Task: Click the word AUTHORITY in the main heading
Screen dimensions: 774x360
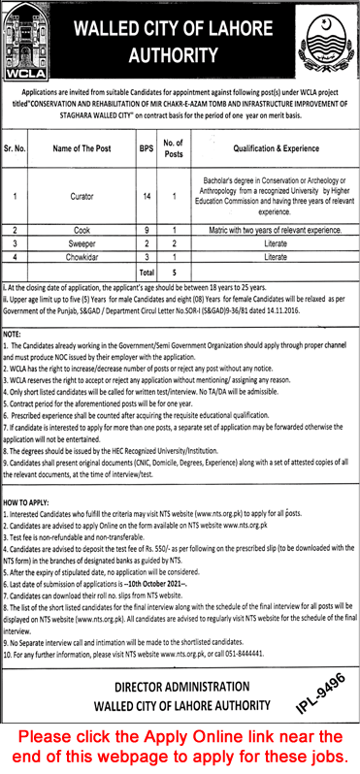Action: point(180,57)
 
